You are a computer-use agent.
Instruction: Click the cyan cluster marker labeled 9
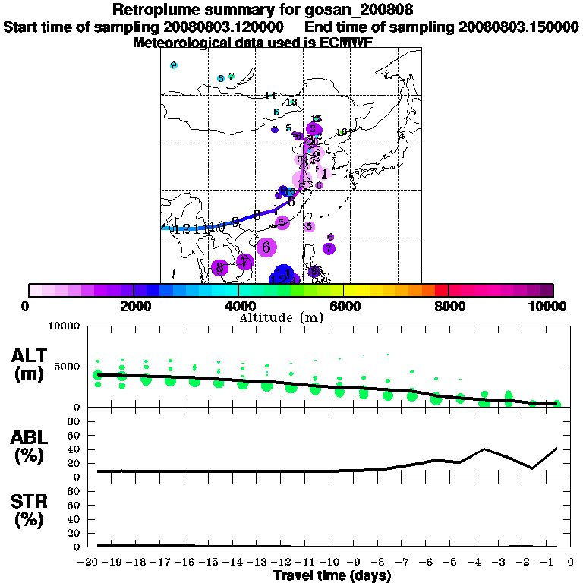pos(174,65)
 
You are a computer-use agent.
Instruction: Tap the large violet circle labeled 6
pos(266,247)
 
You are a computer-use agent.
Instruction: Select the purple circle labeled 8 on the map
pos(219,267)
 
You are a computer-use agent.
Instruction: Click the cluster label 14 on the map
pos(270,96)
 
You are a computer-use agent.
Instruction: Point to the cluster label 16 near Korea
pos(342,132)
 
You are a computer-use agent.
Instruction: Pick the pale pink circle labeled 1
pos(324,173)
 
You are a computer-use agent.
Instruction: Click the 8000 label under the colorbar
pos(448,306)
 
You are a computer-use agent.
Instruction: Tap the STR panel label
pos(29,508)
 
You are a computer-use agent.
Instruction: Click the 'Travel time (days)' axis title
pos(332,576)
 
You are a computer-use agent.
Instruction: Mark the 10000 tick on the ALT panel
pos(63,326)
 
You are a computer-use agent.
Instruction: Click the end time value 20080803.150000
pos(518,27)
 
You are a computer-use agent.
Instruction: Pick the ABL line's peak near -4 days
pos(484,449)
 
